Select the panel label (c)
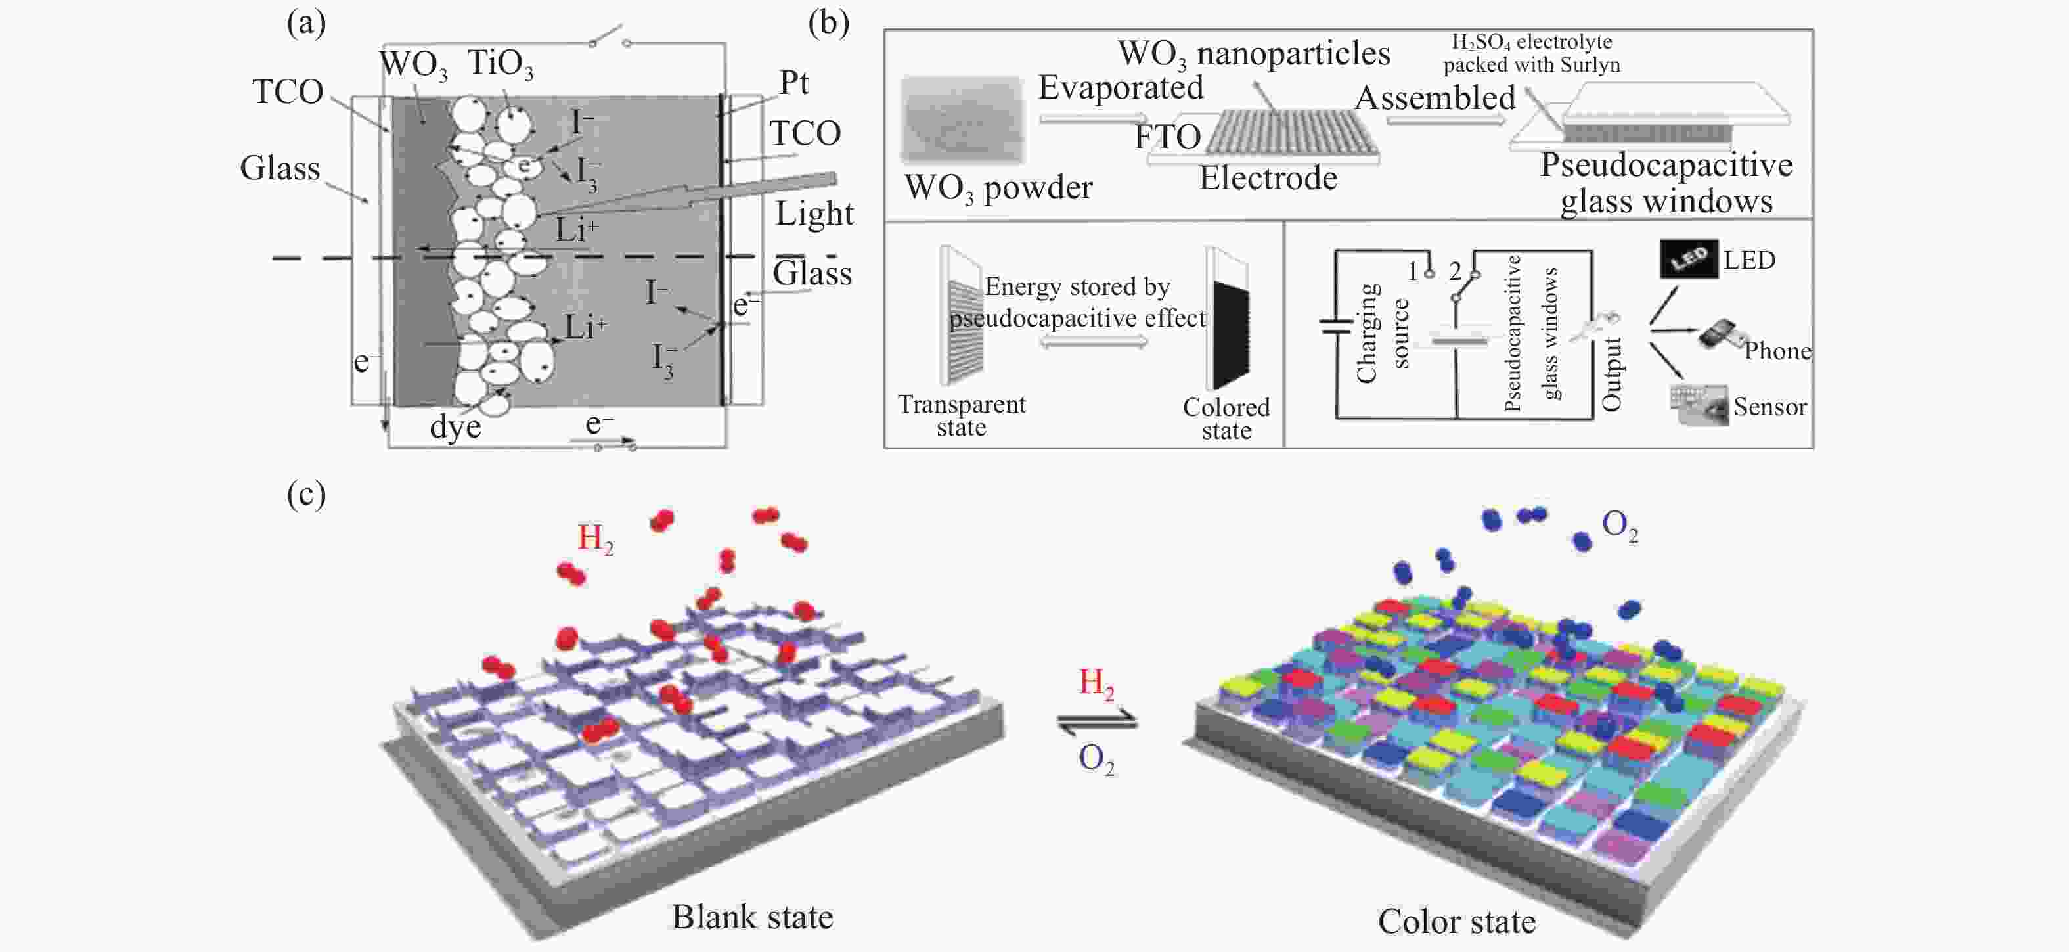(x=306, y=494)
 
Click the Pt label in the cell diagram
(x=793, y=83)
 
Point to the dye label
(x=455, y=426)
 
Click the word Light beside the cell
(x=814, y=214)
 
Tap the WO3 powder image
(x=962, y=120)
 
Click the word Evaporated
(x=1121, y=87)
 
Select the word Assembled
(x=1435, y=98)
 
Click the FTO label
(x=1167, y=137)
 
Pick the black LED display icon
(x=1689, y=259)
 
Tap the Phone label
(x=1777, y=351)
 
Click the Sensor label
(x=1769, y=407)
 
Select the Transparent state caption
(x=962, y=415)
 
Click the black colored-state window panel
(x=1230, y=333)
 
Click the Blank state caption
(x=752, y=917)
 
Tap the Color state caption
(x=1456, y=922)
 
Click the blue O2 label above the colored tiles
(x=1619, y=526)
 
